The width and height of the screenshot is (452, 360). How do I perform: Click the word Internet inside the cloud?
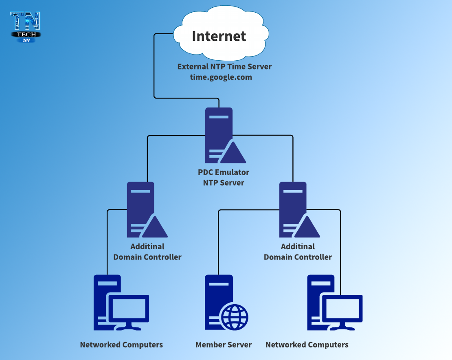(x=219, y=36)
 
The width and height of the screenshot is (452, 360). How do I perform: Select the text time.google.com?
(x=221, y=77)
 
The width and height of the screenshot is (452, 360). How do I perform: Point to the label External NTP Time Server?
(x=224, y=66)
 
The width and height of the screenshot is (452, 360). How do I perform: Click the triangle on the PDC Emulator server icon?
(x=233, y=154)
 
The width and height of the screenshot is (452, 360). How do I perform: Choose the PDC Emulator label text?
(x=224, y=172)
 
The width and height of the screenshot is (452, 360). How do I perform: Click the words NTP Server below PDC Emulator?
(x=224, y=183)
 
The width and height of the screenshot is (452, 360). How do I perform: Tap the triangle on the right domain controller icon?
(x=306, y=228)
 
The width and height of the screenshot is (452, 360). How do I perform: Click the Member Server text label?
(x=224, y=345)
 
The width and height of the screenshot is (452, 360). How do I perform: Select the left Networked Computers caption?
(x=121, y=345)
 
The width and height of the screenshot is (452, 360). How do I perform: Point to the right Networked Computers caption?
(x=307, y=345)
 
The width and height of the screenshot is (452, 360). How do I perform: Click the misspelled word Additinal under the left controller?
(x=147, y=246)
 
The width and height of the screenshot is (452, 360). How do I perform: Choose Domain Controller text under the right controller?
(x=298, y=257)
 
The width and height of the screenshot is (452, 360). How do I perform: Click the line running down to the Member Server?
(x=219, y=244)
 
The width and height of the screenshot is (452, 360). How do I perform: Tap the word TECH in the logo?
(x=26, y=35)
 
